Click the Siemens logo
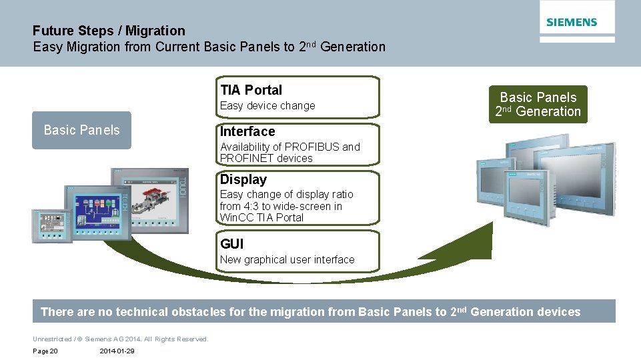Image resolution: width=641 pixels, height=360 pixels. tap(572, 22)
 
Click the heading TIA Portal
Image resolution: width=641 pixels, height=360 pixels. tap(251, 90)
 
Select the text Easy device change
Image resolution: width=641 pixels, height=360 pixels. tap(267, 106)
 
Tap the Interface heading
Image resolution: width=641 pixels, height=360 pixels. tap(247, 131)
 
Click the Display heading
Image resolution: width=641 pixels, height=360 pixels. tap(243, 179)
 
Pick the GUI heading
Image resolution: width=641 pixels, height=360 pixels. tap(231, 244)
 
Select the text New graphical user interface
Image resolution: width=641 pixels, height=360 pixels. tap(287, 260)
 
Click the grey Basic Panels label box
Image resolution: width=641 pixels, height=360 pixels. tap(81, 130)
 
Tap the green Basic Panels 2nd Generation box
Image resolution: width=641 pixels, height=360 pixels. tap(538, 105)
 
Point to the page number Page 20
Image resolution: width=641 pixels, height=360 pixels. tap(45, 351)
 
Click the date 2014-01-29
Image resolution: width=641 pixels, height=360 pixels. tap(117, 351)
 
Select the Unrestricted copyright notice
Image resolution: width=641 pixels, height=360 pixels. tap(120, 339)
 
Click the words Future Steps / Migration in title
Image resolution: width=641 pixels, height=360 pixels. tap(109, 31)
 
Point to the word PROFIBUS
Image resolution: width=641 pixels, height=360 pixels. tap(311, 147)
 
